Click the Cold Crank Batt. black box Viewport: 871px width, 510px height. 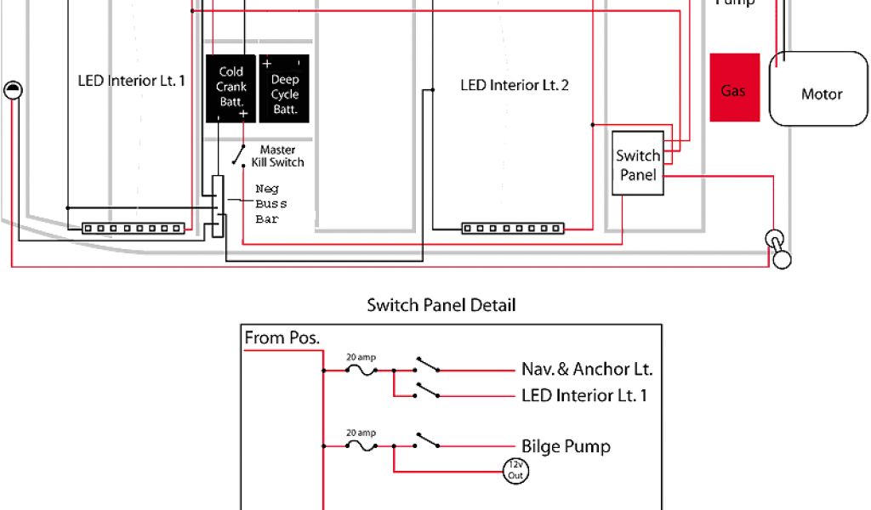231,88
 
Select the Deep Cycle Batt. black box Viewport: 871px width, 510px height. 284,88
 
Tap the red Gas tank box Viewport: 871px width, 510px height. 734,89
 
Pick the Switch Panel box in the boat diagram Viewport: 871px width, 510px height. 638,164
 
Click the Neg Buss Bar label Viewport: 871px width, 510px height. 271,204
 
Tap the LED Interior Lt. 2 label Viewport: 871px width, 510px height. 514,85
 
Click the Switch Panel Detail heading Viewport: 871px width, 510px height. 441,304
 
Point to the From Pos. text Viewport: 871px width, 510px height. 282,337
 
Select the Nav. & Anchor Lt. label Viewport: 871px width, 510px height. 587,370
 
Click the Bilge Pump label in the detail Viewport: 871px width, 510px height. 566,446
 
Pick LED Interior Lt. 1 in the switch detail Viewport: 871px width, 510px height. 584,395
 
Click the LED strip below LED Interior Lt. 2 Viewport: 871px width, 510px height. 513,228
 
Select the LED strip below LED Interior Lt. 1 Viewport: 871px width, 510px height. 133,228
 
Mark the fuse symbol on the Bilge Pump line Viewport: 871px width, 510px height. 362,445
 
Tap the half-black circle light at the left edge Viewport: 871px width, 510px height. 13,90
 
